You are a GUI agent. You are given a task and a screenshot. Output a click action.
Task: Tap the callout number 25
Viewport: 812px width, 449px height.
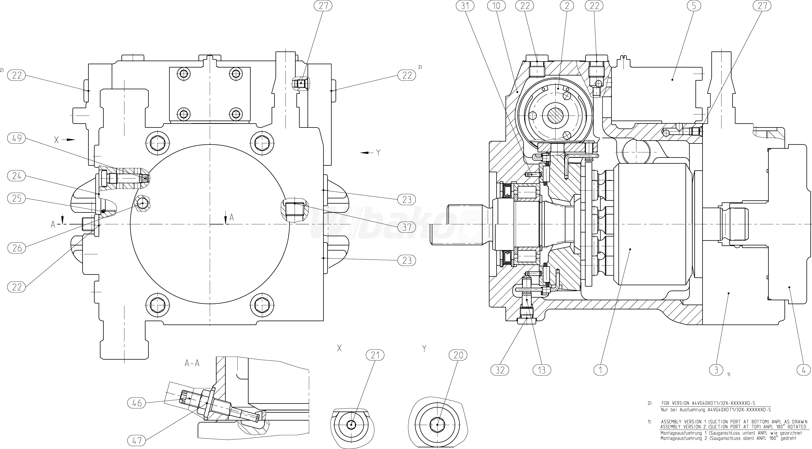click(17, 198)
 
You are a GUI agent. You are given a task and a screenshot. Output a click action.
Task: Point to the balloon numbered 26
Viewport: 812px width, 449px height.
click(17, 248)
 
